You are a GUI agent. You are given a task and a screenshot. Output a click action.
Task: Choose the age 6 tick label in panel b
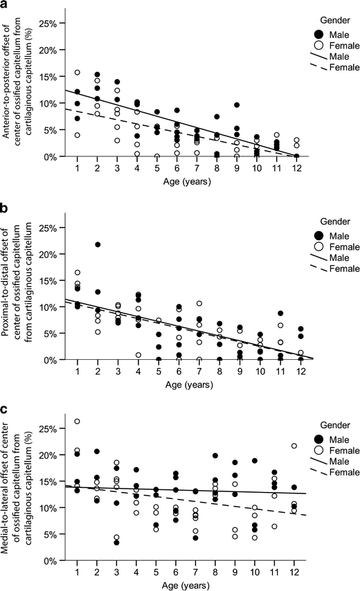pyautogui.click(x=177, y=371)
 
